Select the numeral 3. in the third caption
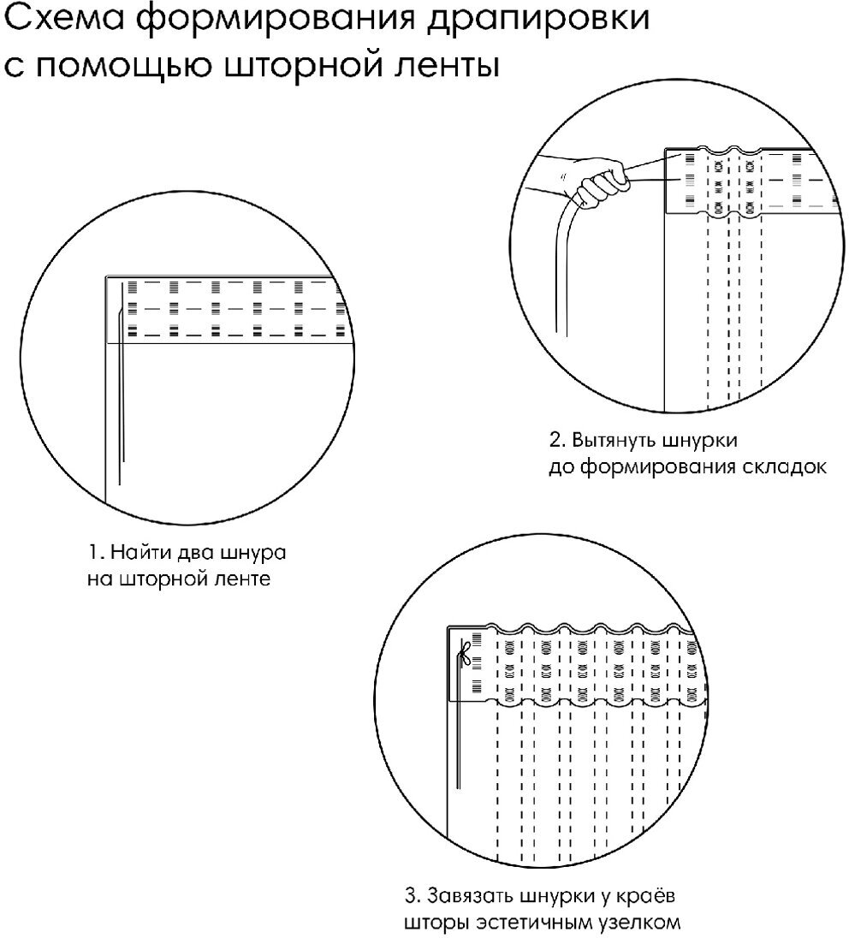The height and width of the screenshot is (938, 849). [412, 898]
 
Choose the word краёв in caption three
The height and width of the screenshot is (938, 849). [650, 898]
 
